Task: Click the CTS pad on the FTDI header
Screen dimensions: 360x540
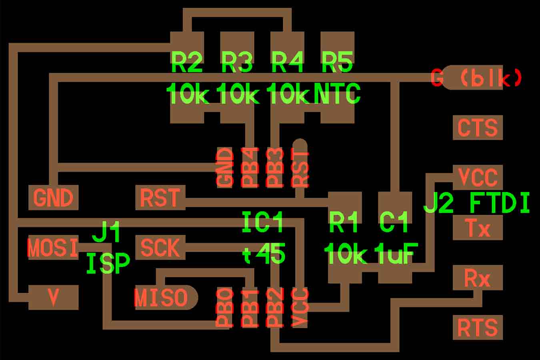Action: [x=477, y=128]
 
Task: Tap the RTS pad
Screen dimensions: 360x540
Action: [x=477, y=327]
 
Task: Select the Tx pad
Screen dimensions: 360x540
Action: [x=477, y=228]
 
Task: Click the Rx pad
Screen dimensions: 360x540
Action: [x=477, y=278]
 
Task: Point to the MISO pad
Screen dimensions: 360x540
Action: [x=162, y=298]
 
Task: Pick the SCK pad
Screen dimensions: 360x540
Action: [x=160, y=248]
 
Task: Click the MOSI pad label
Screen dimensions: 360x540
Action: [x=52, y=248]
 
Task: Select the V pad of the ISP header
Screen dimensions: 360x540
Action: [x=53, y=297]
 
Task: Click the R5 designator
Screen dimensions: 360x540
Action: [x=337, y=62]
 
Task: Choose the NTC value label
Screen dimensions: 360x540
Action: [x=337, y=94]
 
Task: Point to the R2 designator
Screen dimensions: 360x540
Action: [x=186, y=62]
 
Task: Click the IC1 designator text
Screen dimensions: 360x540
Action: [x=263, y=222]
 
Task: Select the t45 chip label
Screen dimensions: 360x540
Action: [x=264, y=254]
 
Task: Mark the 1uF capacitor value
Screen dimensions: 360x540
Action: [x=396, y=254]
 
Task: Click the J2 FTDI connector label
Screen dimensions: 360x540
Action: [x=476, y=203]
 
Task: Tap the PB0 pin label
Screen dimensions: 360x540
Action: [x=224, y=308]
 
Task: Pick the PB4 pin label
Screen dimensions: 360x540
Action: [x=250, y=168]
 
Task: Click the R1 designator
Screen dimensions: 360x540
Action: [x=344, y=222]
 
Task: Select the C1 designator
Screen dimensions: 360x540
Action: [x=394, y=222]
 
